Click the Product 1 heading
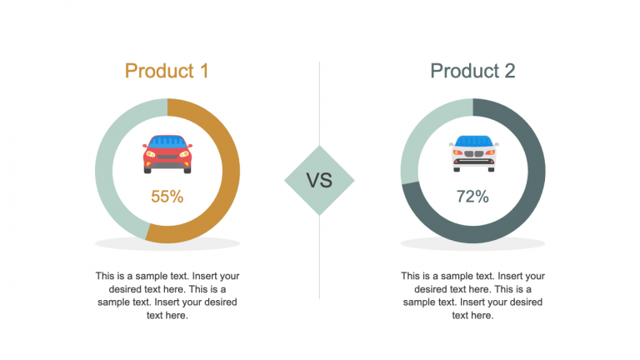(x=167, y=71)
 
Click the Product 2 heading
(x=472, y=71)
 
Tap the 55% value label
(x=167, y=197)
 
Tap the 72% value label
(x=472, y=197)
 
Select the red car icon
(x=167, y=153)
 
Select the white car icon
(x=473, y=153)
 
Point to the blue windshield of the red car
(x=167, y=142)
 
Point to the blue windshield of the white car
(x=473, y=142)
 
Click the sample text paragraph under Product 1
(x=167, y=295)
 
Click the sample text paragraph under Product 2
(x=472, y=295)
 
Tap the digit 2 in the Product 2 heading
(x=508, y=71)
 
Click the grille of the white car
(x=473, y=154)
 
